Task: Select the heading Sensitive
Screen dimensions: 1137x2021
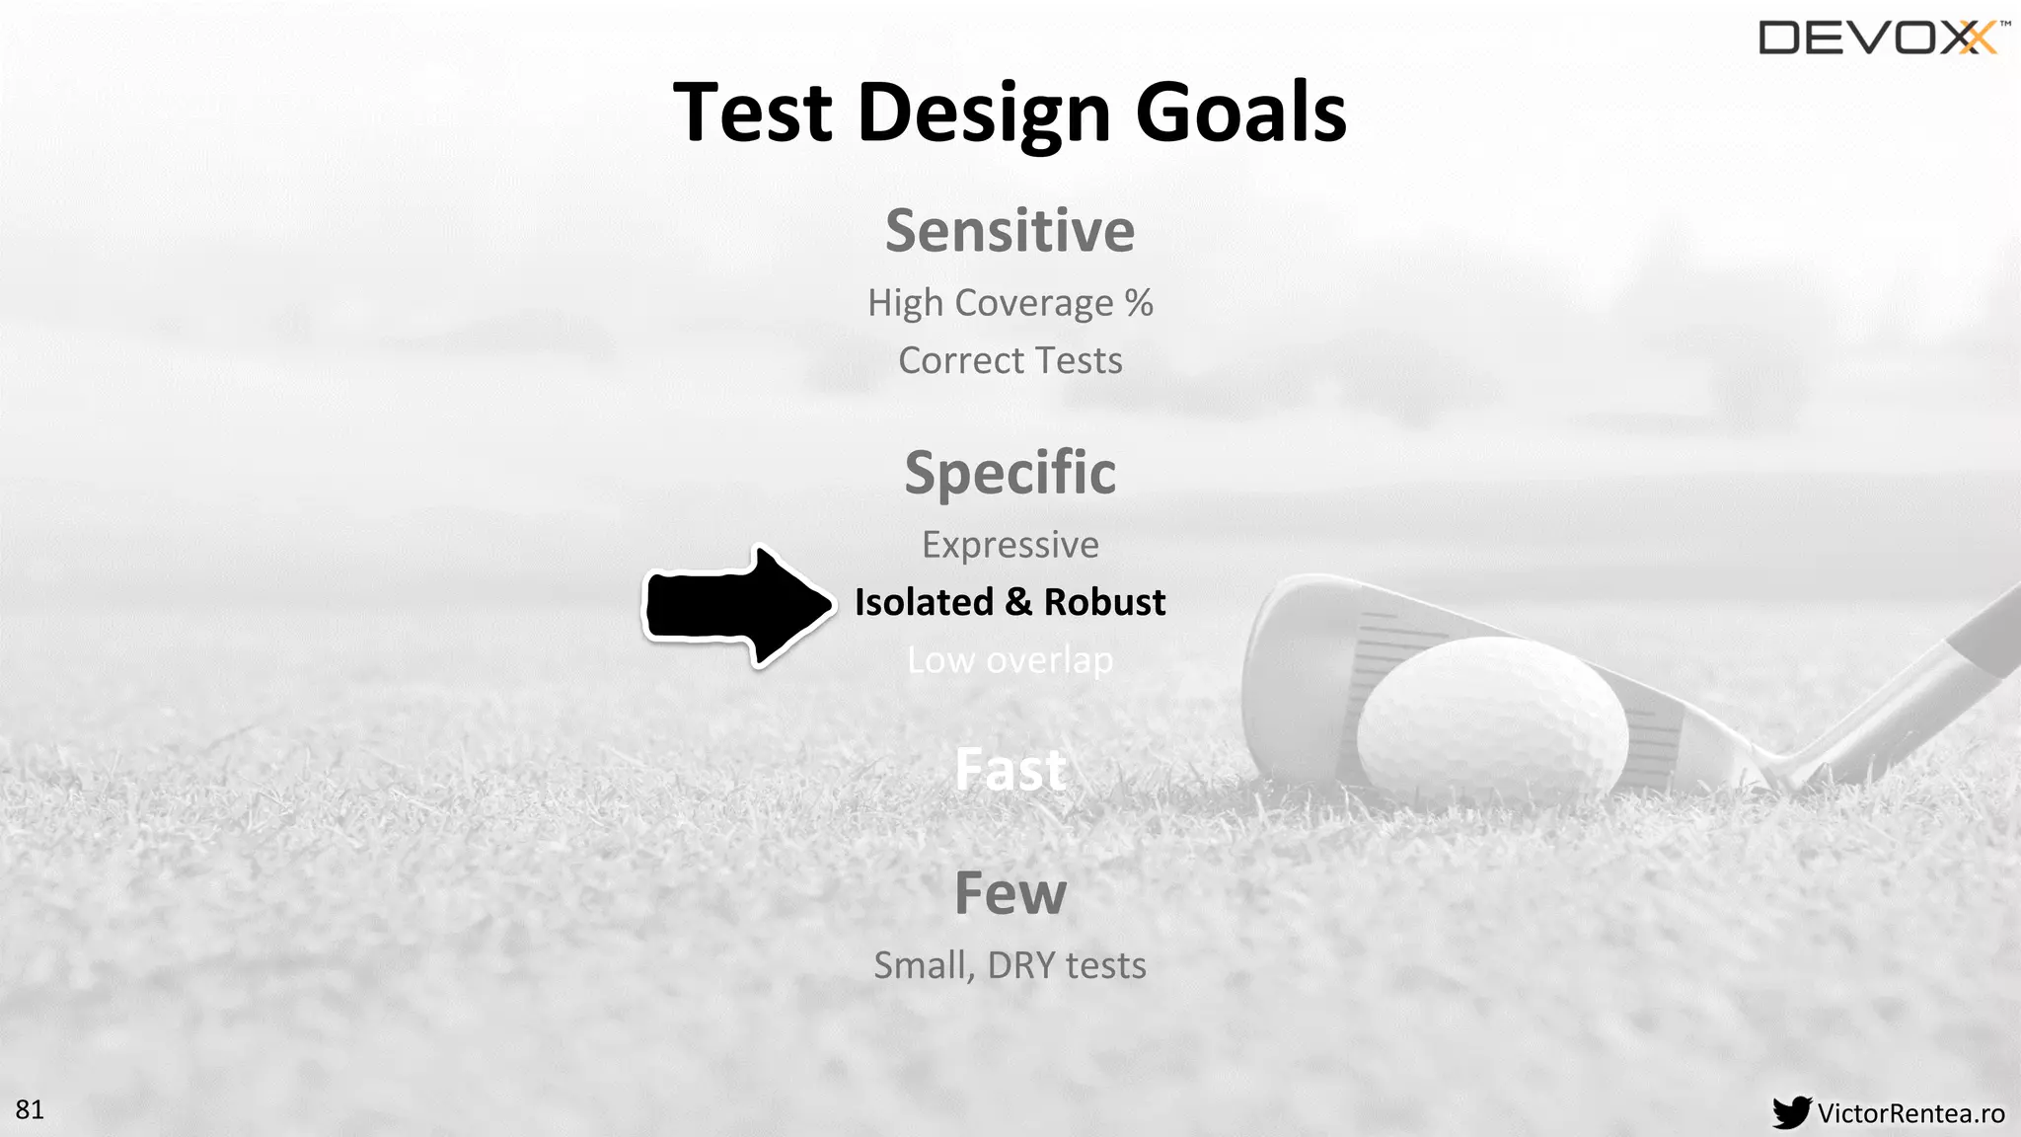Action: [x=1010, y=231]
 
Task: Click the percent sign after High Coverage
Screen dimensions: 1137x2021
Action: [x=1139, y=302]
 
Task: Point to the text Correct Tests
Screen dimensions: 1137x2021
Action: [x=1010, y=360]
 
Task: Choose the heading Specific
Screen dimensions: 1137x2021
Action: [x=1010, y=473]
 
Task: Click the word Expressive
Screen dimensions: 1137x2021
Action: [x=1010, y=545]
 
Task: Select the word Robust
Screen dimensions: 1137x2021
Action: [x=1104, y=602]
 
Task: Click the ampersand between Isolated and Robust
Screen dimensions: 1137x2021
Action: [x=1018, y=602]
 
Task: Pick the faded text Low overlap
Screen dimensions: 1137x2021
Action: [x=1010, y=660]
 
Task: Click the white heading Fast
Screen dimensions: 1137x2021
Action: [x=1010, y=770]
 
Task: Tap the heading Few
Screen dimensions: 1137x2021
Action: [x=1010, y=893]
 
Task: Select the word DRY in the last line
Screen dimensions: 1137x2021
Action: [x=1020, y=965]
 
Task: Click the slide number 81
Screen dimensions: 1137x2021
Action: [x=30, y=1109]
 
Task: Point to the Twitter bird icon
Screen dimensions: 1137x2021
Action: [x=1791, y=1112]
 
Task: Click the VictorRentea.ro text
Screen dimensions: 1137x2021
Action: [x=1910, y=1113]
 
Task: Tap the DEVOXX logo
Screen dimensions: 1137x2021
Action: [x=1880, y=38]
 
